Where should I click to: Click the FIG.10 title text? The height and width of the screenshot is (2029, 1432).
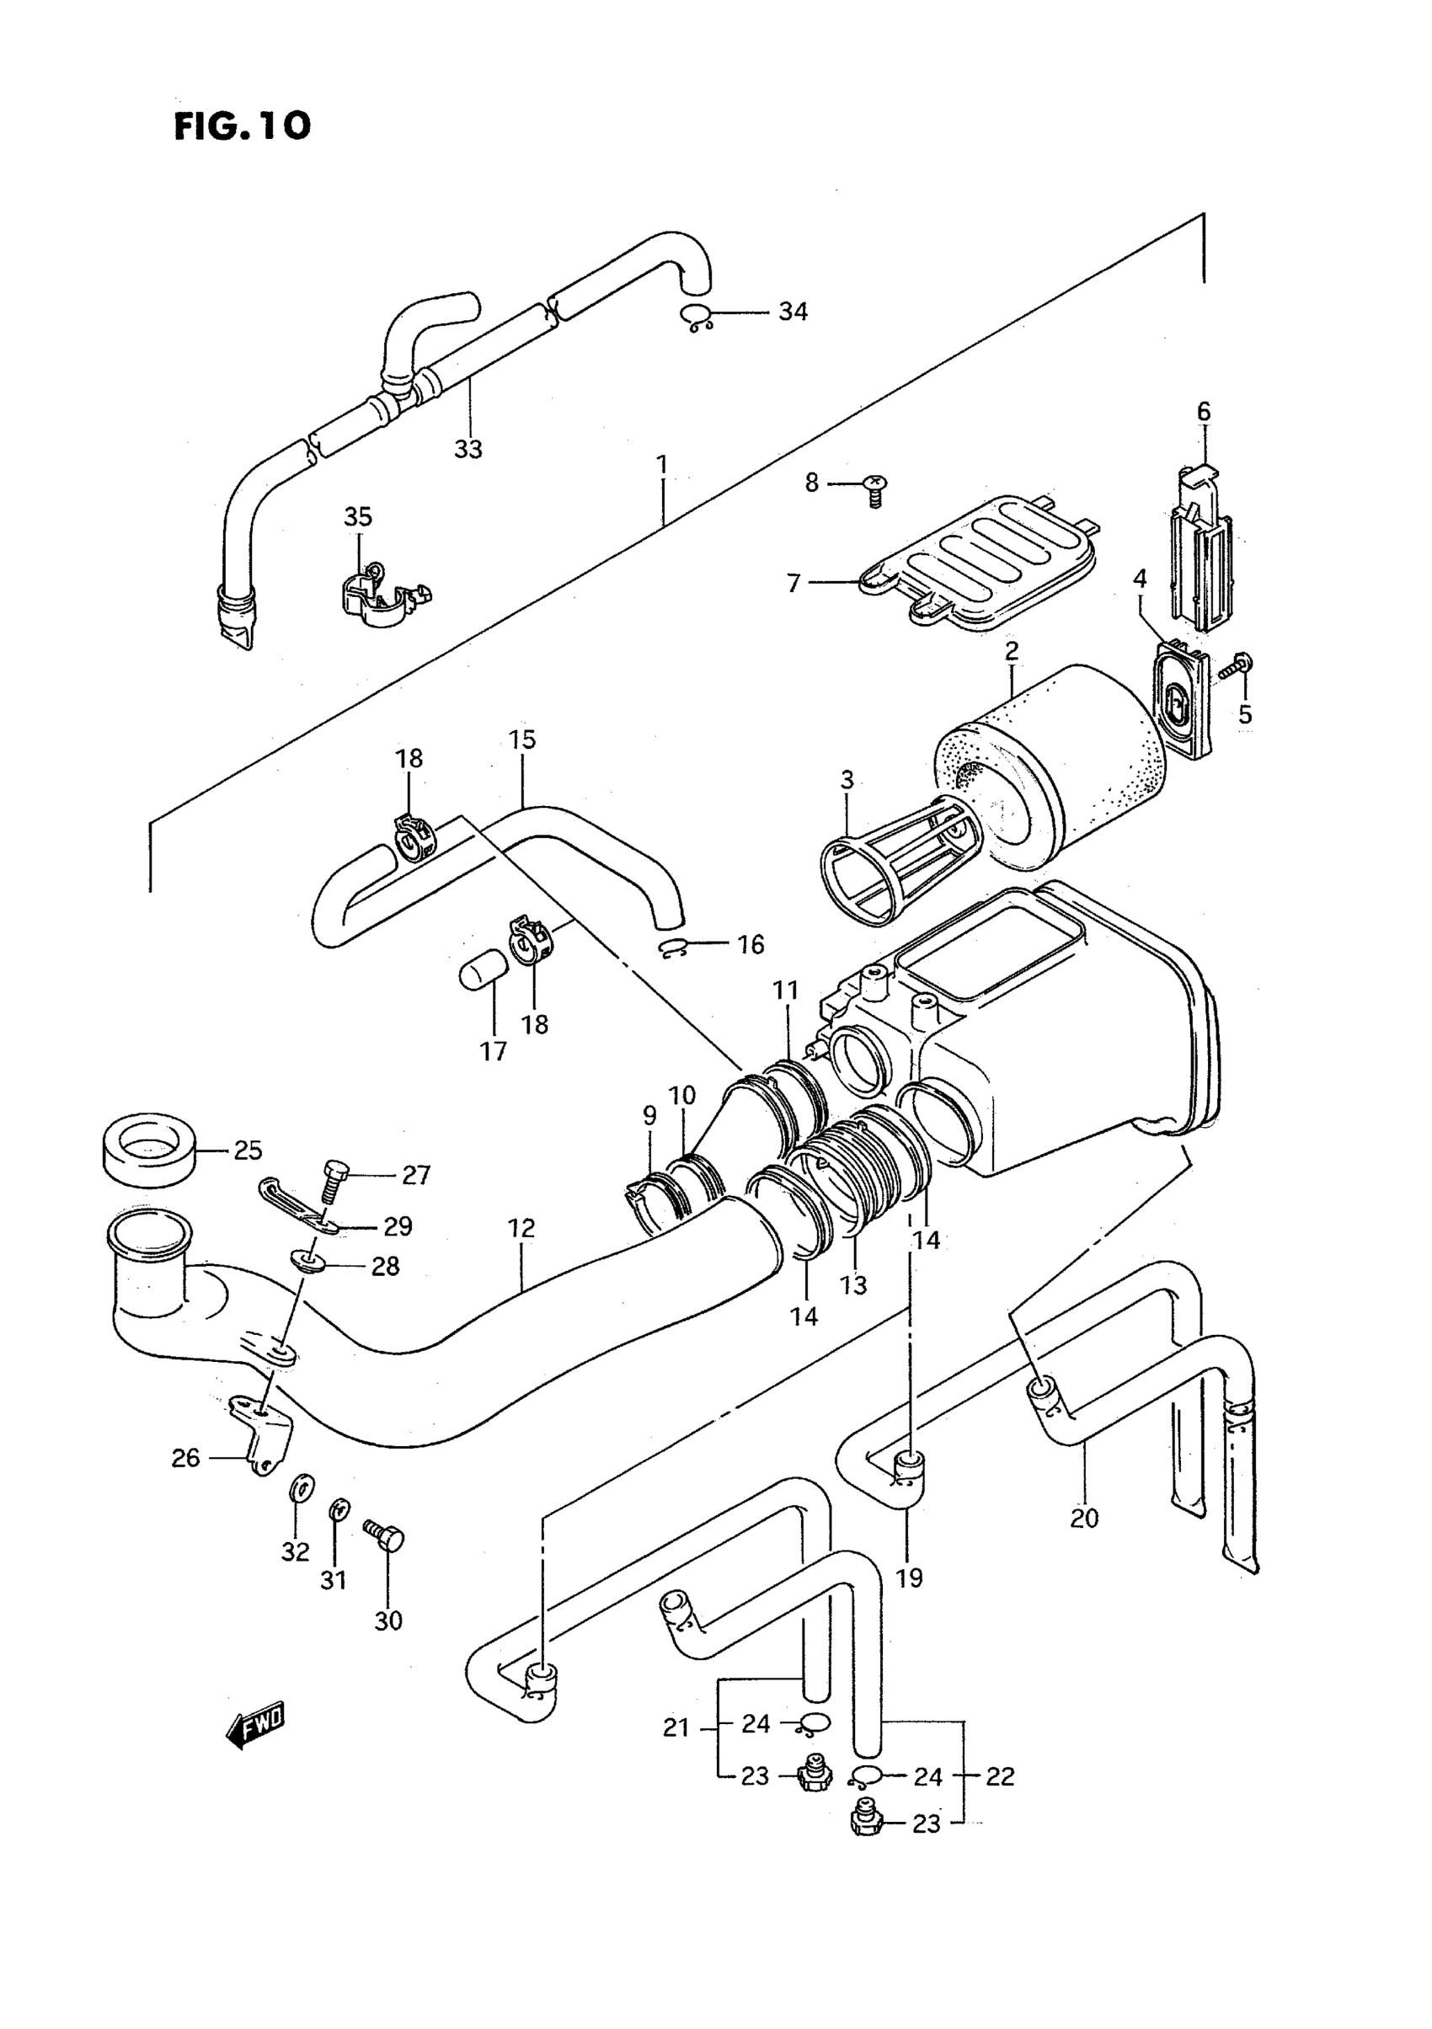243,125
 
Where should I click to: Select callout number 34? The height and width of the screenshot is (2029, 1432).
793,311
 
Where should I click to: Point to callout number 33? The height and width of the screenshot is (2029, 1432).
468,449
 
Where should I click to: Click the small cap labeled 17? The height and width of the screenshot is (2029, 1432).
484,974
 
